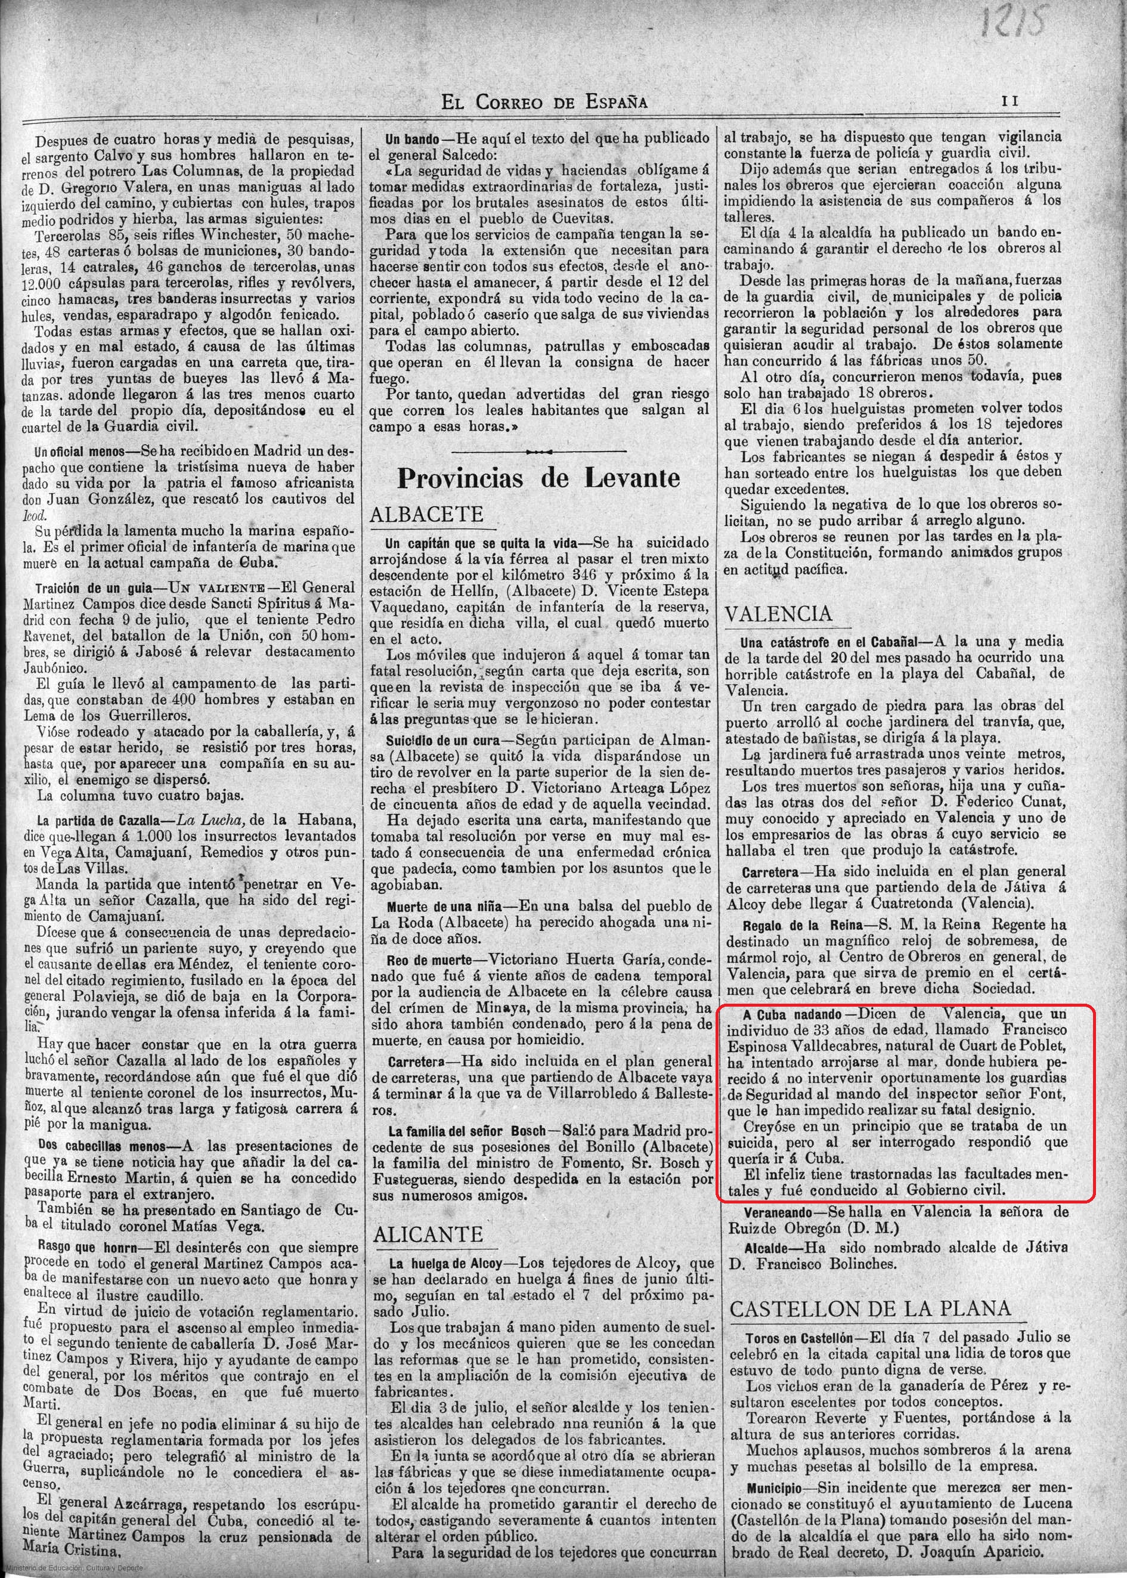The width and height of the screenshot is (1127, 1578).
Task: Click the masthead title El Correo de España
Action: click(545, 102)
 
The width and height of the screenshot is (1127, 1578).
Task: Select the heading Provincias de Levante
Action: click(538, 478)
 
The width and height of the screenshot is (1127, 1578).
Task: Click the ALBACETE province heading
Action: click(426, 514)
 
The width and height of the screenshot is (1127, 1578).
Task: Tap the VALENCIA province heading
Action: click(777, 614)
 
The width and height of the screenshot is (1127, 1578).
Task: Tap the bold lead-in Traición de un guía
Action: click(80, 587)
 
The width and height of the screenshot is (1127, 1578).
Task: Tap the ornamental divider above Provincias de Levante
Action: click(538, 451)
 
